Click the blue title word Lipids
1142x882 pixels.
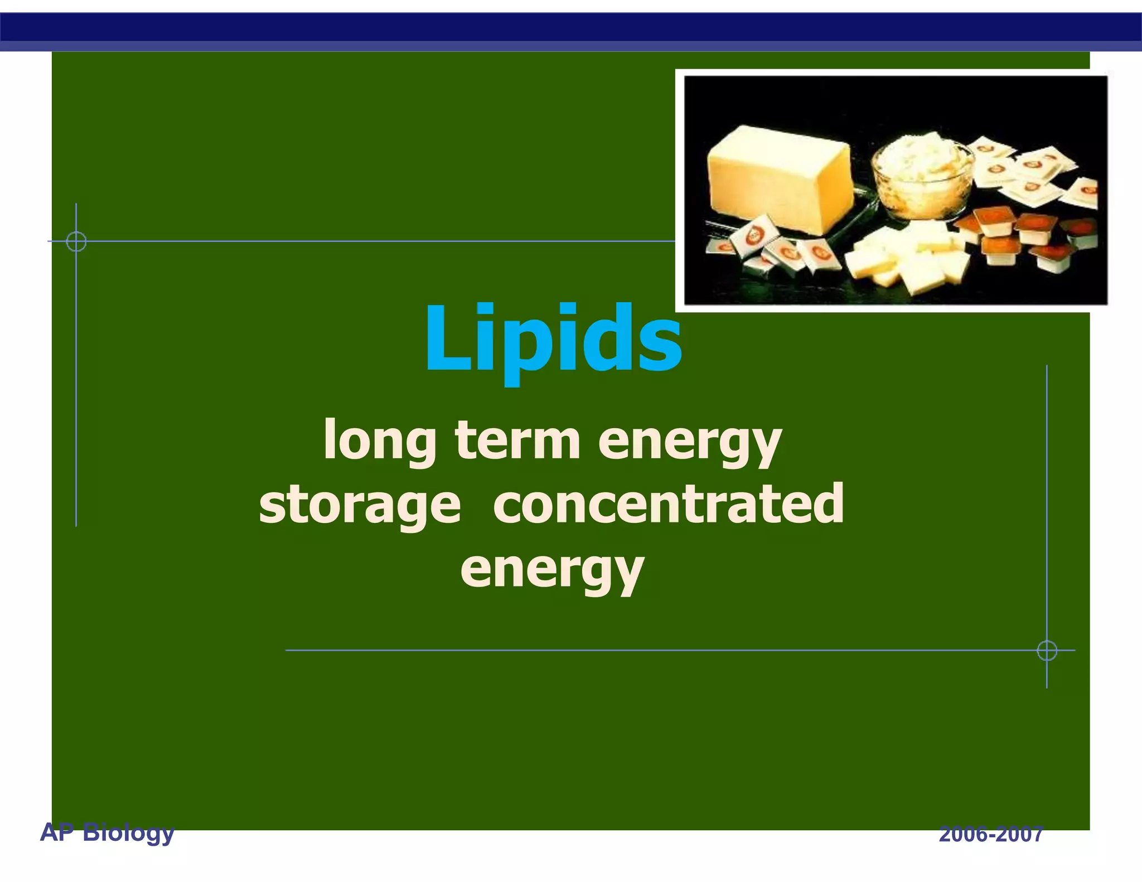(x=553, y=340)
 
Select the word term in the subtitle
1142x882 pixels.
(x=517, y=440)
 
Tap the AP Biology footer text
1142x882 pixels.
(x=107, y=832)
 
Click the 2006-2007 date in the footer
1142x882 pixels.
(x=991, y=835)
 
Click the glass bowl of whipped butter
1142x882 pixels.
(x=921, y=173)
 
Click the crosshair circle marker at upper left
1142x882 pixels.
(x=76, y=241)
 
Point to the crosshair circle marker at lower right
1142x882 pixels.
(x=1047, y=650)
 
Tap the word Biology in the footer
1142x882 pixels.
(x=129, y=832)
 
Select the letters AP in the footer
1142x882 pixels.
(x=57, y=832)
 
